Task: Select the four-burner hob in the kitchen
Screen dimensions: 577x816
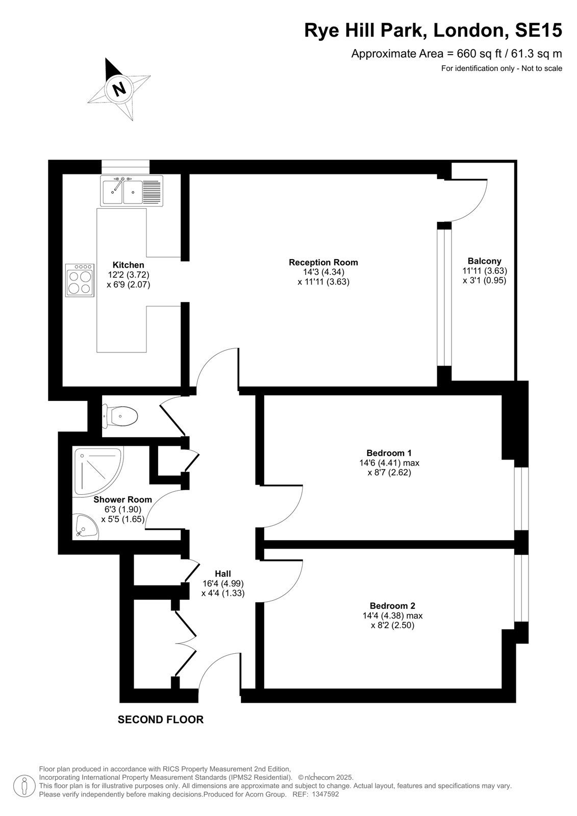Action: (x=80, y=280)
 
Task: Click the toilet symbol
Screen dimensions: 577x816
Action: (x=119, y=416)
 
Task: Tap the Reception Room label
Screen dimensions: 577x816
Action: (x=323, y=262)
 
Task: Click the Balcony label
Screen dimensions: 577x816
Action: (x=485, y=261)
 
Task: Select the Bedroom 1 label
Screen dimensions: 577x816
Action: (x=389, y=453)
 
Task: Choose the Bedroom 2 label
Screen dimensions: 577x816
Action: (x=392, y=606)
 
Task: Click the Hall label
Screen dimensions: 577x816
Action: (x=223, y=574)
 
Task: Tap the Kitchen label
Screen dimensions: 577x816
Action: (x=128, y=265)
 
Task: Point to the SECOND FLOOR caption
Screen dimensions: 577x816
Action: (x=161, y=720)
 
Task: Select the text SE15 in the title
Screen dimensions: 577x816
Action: (x=538, y=30)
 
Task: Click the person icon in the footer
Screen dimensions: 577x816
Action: (x=24, y=786)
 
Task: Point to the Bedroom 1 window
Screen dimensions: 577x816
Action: (x=521, y=499)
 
